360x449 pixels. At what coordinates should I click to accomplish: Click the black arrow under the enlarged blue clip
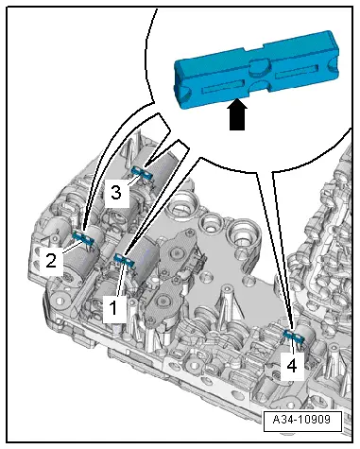(x=237, y=114)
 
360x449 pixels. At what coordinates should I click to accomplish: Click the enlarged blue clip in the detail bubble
(x=257, y=70)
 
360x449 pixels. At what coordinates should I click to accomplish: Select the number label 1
(x=113, y=308)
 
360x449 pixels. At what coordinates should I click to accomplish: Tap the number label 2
(x=51, y=261)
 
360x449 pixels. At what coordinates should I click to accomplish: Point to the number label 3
(x=116, y=192)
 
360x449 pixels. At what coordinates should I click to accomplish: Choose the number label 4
(x=292, y=366)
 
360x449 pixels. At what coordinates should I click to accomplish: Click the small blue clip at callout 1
(x=125, y=261)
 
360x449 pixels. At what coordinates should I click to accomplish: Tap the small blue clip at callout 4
(x=294, y=337)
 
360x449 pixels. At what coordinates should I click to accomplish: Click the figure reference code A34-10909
(x=302, y=420)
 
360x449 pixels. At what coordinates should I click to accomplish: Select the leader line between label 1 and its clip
(x=120, y=280)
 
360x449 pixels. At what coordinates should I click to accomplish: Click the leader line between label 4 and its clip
(x=293, y=348)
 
